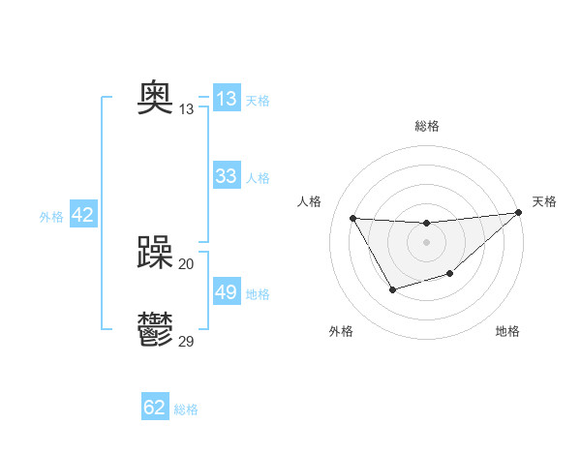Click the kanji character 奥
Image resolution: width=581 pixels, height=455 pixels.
155,97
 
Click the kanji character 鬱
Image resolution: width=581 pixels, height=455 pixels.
155,330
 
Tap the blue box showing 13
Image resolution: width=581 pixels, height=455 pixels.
227,99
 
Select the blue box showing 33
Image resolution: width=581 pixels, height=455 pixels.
227,176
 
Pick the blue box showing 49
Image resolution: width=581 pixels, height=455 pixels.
227,292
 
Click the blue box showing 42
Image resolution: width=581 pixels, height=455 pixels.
82,215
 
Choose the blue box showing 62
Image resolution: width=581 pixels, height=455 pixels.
155,408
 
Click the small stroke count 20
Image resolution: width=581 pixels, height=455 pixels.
187,263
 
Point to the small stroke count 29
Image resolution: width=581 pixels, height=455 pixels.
187,341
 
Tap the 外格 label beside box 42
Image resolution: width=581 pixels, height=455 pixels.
51,217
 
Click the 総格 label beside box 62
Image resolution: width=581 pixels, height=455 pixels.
186,409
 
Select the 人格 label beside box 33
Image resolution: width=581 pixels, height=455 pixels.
258,178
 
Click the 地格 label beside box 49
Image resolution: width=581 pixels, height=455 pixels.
258,294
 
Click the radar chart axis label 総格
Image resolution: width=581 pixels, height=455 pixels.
426,126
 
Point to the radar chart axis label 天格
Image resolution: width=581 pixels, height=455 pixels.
544,201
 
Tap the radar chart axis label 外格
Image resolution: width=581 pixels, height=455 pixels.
341,331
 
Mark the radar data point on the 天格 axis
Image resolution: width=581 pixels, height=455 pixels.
518,213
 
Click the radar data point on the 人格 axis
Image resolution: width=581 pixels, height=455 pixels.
352,218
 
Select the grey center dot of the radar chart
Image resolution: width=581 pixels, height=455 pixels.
426,242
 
